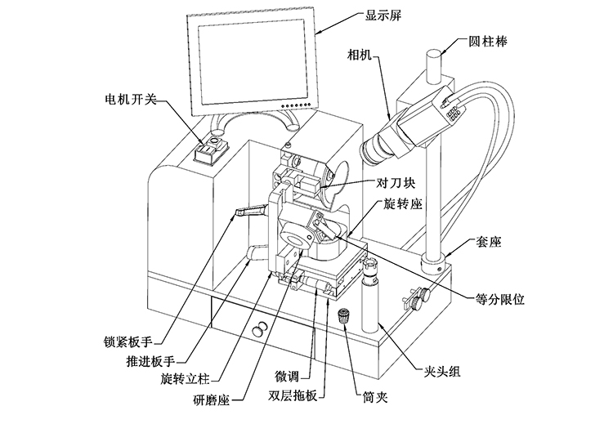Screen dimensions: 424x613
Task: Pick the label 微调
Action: (x=293, y=377)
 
